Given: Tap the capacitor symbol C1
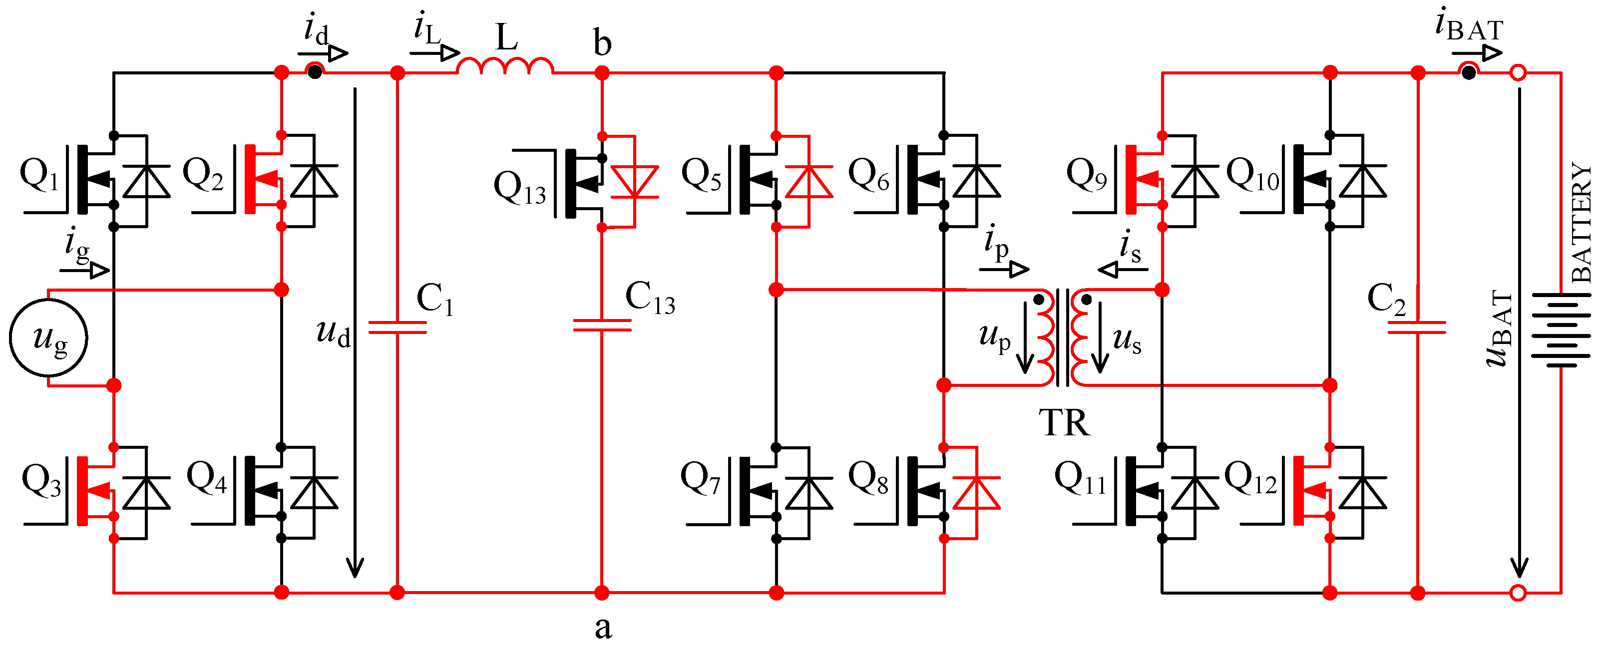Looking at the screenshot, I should pyautogui.click(x=397, y=327).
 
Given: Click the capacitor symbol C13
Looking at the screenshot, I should pyautogui.click(x=602, y=325).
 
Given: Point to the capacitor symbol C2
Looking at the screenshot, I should pyautogui.click(x=1417, y=327).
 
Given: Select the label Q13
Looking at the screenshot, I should pyautogui.click(x=519, y=187).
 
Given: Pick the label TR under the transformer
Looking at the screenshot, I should pyautogui.click(x=1064, y=424).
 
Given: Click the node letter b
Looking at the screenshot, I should pyautogui.click(x=602, y=43).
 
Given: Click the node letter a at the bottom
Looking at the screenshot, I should pyautogui.click(x=602, y=627).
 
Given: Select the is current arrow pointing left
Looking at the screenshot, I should pyautogui.click(x=1122, y=270).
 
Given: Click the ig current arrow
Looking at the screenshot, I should pyautogui.click(x=85, y=270).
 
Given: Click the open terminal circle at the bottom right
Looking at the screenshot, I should pyautogui.click(x=1518, y=593).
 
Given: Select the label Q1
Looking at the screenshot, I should pyautogui.click(x=38, y=175).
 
